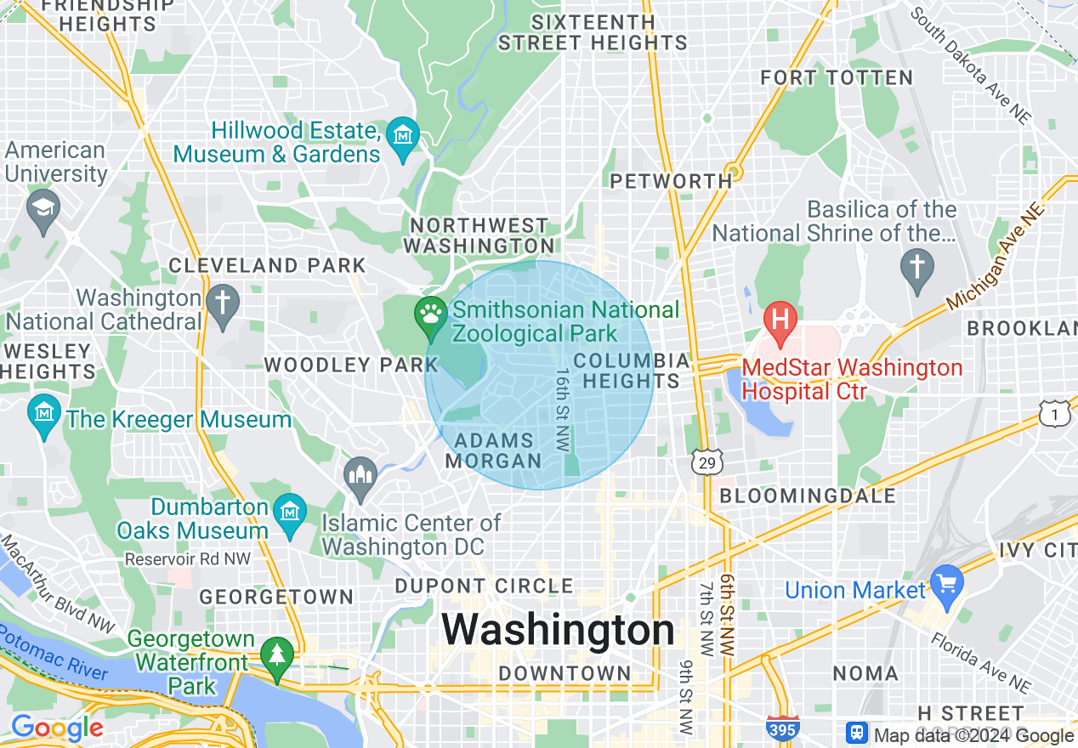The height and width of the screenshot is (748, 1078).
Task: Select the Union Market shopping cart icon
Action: pyautogui.click(x=947, y=584)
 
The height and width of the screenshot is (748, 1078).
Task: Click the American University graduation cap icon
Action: pyautogui.click(x=43, y=207)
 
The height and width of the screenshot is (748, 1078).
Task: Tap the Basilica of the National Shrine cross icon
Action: pyautogui.click(x=917, y=268)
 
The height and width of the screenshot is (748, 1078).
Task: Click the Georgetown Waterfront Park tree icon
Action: pyautogui.click(x=276, y=655)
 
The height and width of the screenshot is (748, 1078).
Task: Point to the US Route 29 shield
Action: pyautogui.click(x=707, y=461)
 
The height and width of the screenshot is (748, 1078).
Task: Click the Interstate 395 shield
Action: pyautogui.click(x=782, y=728)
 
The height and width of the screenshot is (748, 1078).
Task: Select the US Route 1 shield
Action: pyautogui.click(x=1054, y=414)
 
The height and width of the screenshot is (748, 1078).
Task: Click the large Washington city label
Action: pyautogui.click(x=558, y=631)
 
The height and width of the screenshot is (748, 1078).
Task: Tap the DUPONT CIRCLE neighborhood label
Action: pyautogui.click(x=485, y=586)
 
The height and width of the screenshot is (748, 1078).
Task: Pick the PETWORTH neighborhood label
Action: pyautogui.click(x=671, y=180)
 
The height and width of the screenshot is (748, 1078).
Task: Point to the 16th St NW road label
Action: pyautogui.click(x=562, y=409)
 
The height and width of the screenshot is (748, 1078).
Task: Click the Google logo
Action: pyautogui.click(x=57, y=728)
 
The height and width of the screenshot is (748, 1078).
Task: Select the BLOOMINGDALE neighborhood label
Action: pyautogui.click(x=808, y=496)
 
